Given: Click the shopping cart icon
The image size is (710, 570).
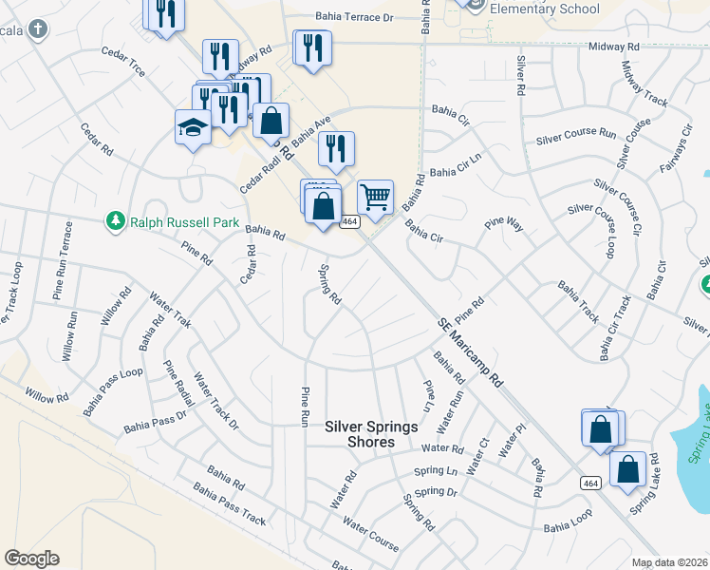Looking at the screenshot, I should click(x=376, y=198).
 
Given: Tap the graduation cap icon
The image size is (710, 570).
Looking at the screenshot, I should click(x=193, y=127).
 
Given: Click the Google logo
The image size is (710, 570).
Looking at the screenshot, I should click(x=31, y=559).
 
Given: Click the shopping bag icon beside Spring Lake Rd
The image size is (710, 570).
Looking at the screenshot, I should click(x=628, y=469).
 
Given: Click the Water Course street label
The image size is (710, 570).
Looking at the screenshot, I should click(x=371, y=535).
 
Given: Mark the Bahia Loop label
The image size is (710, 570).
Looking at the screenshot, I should click(x=569, y=525).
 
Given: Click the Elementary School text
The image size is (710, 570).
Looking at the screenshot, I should click(x=545, y=9).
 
